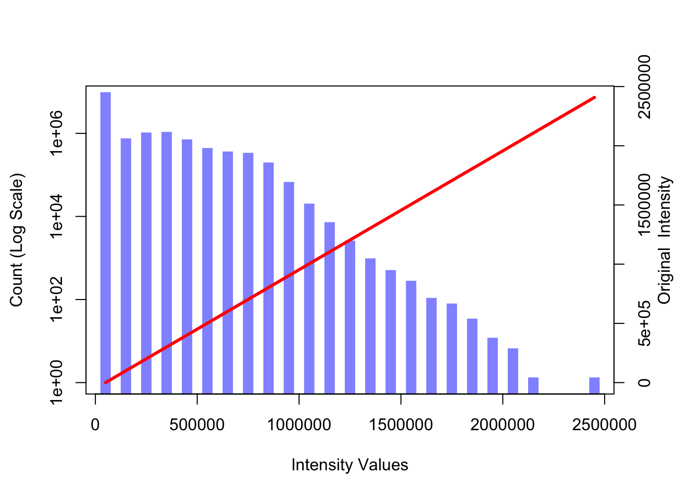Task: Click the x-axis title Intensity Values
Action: pyautogui.click(x=349, y=465)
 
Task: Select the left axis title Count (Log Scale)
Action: pyautogui.click(x=17, y=240)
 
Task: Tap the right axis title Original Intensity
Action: pyautogui.click(x=665, y=240)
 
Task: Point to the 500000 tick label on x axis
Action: pyautogui.click(x=197, y=425)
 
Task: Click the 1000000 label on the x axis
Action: pyautogui.click(x=299, y=425)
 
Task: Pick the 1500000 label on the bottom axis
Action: pyautogui.click(x=401, y=425)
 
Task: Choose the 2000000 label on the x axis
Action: pyautogui.click(x=503, y=425)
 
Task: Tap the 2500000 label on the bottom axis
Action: pyautogui.click(x=604, y=425)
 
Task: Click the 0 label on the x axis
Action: pyautogui.click(x=95, y=425)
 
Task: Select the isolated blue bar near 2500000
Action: pyautogui.click(x=594, y=385)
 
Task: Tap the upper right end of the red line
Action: pyautogui.click(x=594, y=97)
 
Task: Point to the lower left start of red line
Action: pyautogui.click(x=105, y=382)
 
